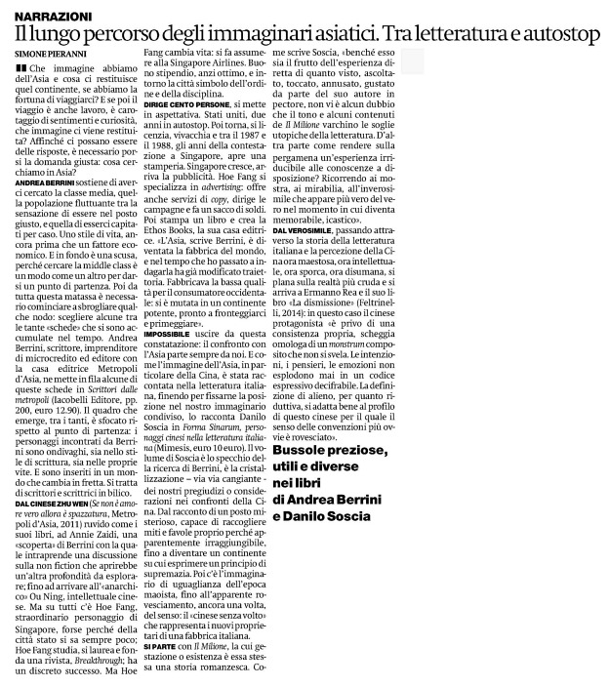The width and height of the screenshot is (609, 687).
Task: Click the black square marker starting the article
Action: tap(21, 68)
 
